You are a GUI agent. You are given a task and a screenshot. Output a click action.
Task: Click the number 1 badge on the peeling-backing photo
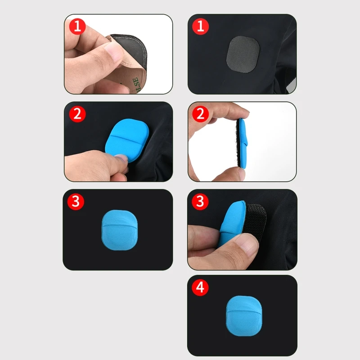click(77, 27)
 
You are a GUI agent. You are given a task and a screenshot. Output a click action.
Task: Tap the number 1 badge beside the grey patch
click(201, 27)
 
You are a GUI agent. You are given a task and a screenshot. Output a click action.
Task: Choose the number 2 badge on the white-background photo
click(201, 114)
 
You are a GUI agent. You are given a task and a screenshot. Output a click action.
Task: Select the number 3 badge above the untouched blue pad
click(76, 201)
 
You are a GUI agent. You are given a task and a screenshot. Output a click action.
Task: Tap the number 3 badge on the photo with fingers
click(201, 201)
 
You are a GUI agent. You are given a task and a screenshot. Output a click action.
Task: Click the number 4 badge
click(201, 288)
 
